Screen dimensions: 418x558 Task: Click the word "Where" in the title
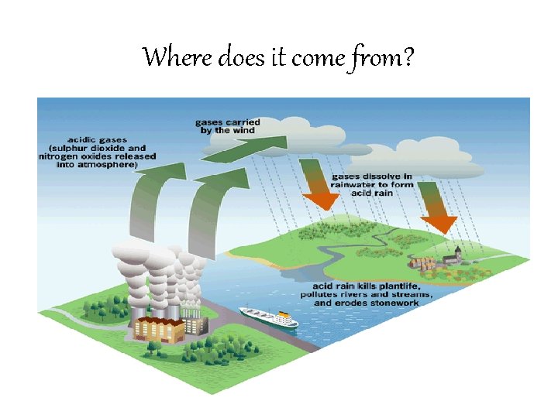[167, 57]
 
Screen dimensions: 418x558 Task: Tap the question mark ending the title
[408, 57]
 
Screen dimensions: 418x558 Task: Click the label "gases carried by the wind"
[227, 126]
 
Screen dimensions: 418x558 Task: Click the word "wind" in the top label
[247, 131]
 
